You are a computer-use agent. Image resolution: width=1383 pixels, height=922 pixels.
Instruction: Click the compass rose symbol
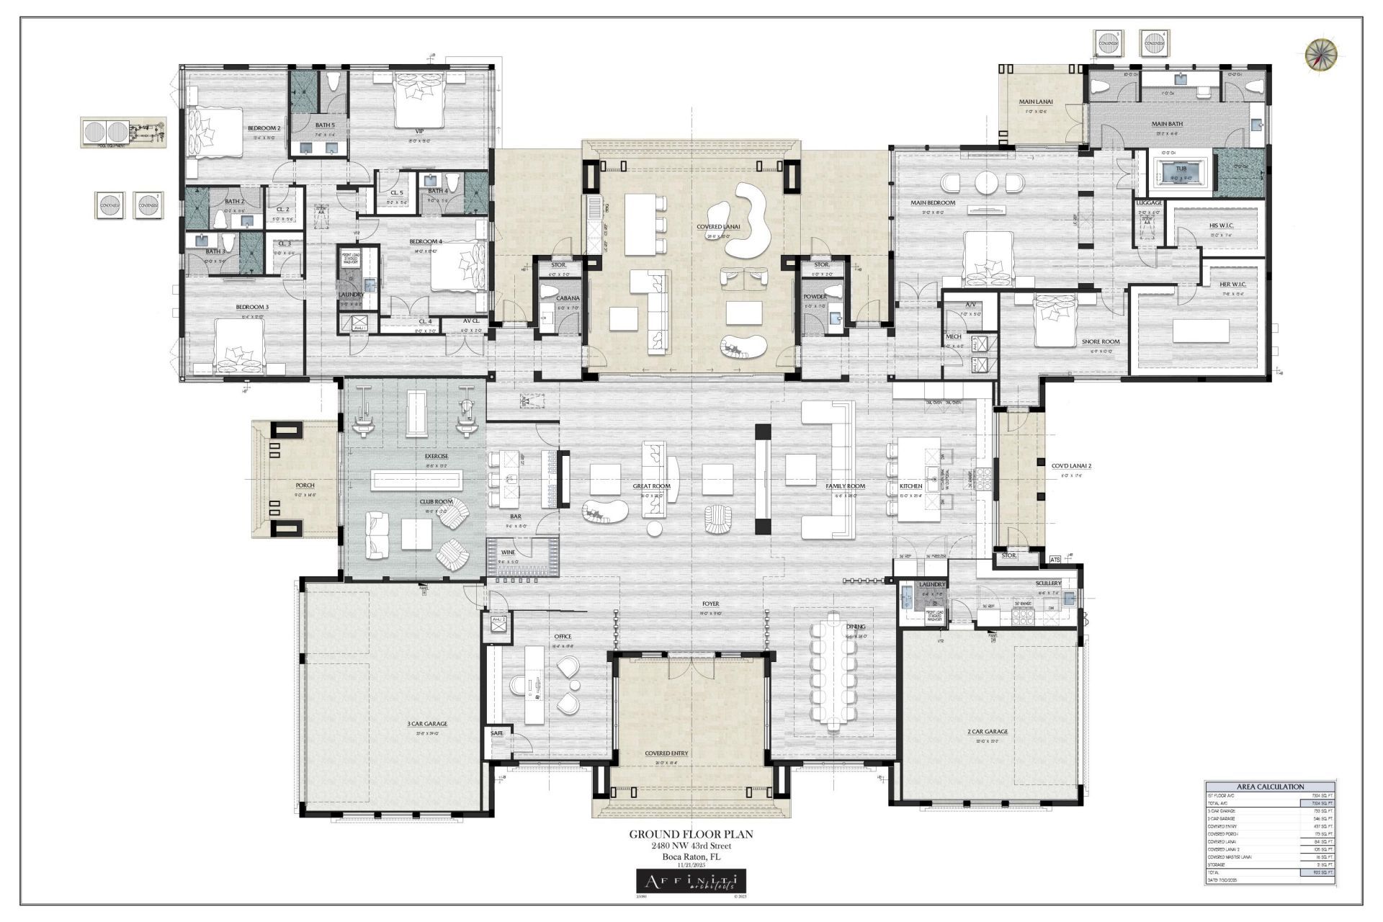(1321, 55)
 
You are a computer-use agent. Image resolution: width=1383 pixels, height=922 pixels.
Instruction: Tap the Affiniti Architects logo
(691, 881)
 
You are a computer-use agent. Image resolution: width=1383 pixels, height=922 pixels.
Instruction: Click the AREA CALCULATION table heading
(1270, 787)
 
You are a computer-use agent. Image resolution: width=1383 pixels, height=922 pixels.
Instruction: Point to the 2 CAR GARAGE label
(987, 731)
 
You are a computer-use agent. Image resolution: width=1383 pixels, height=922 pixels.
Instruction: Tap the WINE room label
(508, 552)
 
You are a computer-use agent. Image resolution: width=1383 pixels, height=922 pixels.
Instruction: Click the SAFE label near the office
(497, 733)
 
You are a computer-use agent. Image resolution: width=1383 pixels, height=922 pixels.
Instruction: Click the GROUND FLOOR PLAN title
(691, 834)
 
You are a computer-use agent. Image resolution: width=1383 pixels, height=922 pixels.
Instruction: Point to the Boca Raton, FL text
(691, 857)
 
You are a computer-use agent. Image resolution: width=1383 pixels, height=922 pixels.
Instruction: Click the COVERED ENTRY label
(666, 753)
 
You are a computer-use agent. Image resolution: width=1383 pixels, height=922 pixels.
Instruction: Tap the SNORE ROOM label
(1101, 341)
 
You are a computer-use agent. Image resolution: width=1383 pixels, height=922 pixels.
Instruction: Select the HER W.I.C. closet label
(1232, 284)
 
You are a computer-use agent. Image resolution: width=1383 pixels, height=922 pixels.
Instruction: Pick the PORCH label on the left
(305, 485)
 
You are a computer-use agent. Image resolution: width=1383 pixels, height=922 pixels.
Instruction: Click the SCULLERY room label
(1048, 583)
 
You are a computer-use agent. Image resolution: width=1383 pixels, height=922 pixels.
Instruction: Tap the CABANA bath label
(568, 298)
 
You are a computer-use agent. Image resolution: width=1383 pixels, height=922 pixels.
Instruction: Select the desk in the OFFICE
(533, 684)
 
